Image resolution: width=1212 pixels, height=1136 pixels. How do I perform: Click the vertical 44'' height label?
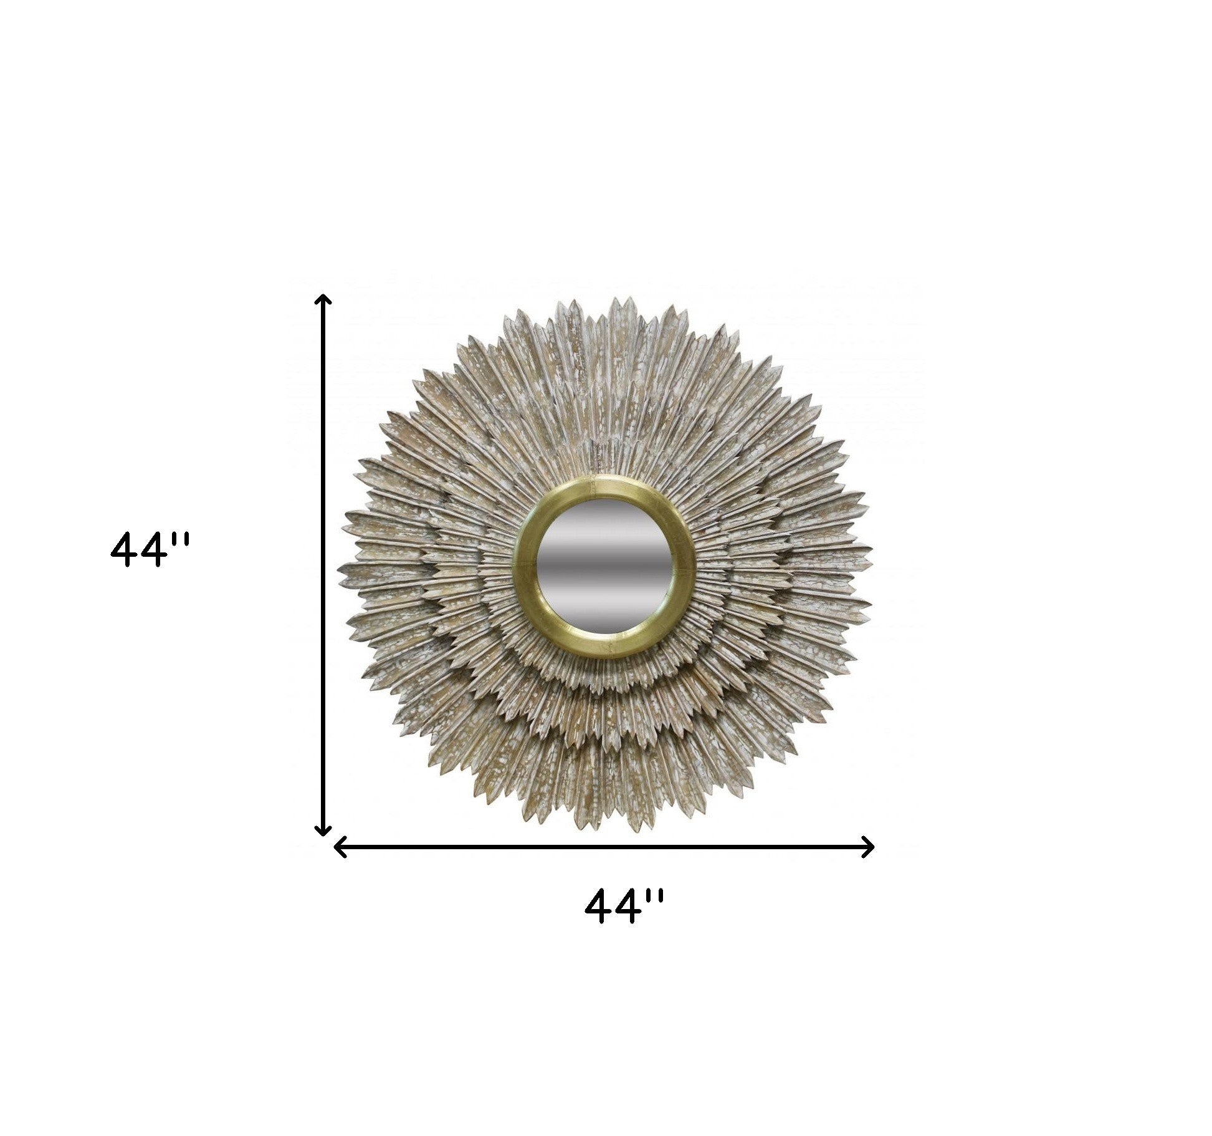click(148, 549)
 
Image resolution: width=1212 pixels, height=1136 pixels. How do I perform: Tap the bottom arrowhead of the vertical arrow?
click(322, 831)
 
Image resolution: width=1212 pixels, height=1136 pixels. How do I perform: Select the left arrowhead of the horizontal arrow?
click(340, 847)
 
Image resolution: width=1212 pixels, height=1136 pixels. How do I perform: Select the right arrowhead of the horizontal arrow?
click(869, 847)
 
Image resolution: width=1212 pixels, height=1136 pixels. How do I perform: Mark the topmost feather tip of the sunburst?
click(617, 300)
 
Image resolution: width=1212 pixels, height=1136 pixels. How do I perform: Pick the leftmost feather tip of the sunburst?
click(340, 569)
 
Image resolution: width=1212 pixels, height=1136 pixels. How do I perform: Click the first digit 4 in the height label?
click(123, 549)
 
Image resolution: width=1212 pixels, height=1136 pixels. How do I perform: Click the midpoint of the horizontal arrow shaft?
click(604, 847)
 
